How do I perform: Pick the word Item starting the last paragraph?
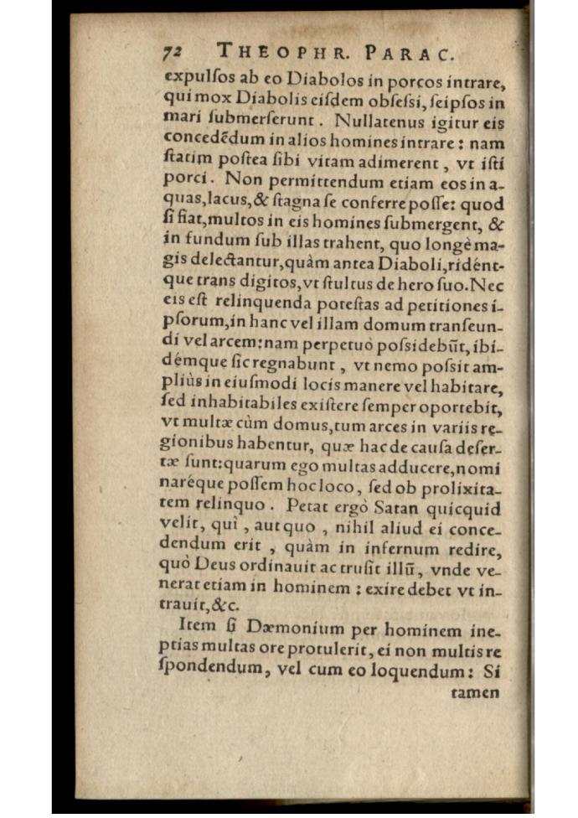coord(197,628)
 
